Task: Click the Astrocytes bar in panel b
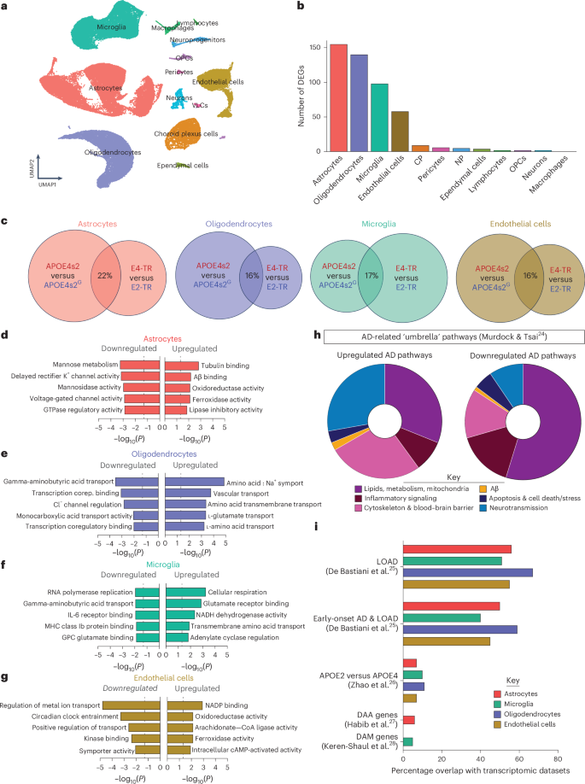click(x=340, y=98)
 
